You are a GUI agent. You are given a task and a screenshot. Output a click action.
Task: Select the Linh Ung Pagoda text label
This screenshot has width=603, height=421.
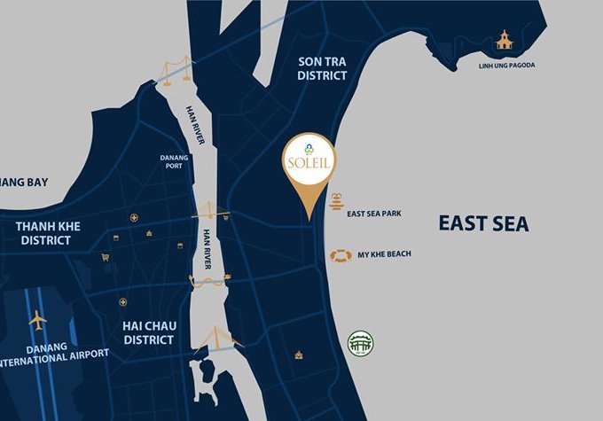click(507, 65)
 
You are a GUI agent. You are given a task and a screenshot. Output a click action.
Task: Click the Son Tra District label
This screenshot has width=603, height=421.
click(321, 67)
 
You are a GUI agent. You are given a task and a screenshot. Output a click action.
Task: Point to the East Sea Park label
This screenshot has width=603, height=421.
click(375, 214)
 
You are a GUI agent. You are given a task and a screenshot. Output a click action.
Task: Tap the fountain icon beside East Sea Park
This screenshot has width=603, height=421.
click(336, 200)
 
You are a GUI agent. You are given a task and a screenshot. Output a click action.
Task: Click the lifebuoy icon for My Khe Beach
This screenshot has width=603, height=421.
click(341, 255)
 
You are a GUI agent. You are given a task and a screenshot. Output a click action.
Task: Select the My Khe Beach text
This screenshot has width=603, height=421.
click(384, 255)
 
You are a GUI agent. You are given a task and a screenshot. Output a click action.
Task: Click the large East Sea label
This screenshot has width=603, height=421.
click(483, 223)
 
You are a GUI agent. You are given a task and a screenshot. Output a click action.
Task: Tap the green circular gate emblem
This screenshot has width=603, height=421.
click(361, 343)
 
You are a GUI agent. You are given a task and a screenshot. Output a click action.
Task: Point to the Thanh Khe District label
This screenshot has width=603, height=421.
click(48, 233)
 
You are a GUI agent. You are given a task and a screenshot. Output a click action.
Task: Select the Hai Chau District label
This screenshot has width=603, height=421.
click(150, 332)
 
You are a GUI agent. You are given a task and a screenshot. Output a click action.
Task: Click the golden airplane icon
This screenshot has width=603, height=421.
click(38, 320)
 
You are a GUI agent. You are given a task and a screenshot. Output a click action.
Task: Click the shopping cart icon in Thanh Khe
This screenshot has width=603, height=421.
click(106, 257)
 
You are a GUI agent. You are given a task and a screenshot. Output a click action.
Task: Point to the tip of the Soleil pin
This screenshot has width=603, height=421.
click(307, 219)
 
